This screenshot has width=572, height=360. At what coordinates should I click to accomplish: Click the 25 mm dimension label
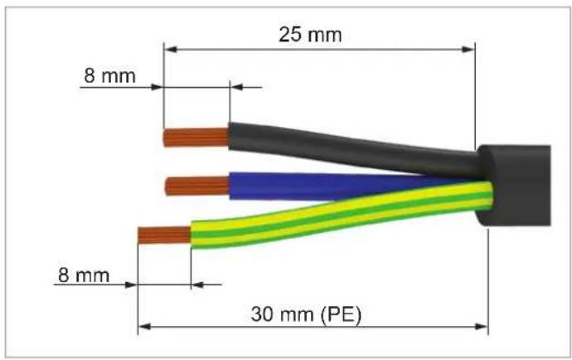click(310, 35)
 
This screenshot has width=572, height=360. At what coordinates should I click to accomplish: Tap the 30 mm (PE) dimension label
click(306, 314)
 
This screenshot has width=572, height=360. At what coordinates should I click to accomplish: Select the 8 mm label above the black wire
click(109, 76)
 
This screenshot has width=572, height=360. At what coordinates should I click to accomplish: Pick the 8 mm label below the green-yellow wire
click(84, 275)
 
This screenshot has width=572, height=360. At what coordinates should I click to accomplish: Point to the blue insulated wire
click(328, 186)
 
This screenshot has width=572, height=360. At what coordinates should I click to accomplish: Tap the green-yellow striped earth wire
click(339, 216)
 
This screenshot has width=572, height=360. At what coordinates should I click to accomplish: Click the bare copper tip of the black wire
click(196, 138)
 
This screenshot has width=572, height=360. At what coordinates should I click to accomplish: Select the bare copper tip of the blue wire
click(197, 186)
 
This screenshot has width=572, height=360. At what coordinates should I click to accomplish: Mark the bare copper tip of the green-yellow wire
click(164, 235)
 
